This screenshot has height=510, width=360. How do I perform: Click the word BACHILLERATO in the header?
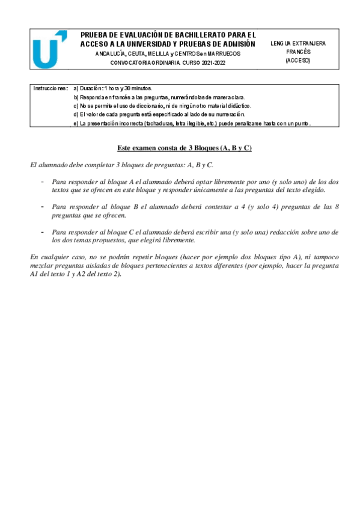194,35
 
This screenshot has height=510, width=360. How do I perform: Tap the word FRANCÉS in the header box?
297,52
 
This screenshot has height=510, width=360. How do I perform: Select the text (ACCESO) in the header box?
297,60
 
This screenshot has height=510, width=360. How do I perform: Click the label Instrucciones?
51,88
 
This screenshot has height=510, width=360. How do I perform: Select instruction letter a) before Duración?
76,88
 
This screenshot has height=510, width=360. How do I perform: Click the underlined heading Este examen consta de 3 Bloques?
183,148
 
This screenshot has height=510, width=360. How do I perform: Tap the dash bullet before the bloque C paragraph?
42,231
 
